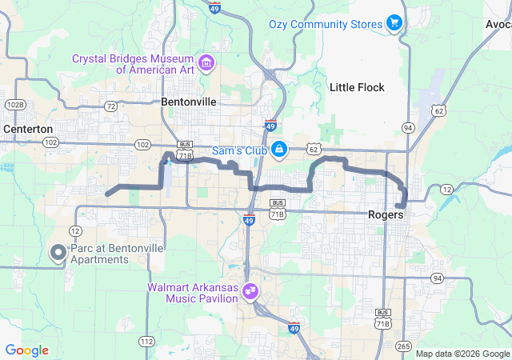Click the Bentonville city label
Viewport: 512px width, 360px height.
click(x=189, y=102)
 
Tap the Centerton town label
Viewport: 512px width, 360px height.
click(x=28, y=128)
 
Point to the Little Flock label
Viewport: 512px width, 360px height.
click(x=357, y=87)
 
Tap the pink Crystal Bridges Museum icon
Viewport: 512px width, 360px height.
click(x=206, y=63)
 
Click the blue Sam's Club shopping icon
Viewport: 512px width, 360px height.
click(x=279, y=149)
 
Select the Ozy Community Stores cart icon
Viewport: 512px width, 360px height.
click(x=394, y=24)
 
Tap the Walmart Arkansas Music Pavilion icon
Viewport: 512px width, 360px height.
click(x=250, y=291)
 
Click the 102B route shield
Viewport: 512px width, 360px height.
click(x=14, y=105)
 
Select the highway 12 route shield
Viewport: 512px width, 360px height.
click(x=446, y=188)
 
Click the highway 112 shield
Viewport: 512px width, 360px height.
click(x=146, y=342)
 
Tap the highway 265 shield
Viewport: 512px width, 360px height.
click(x=403, y=346)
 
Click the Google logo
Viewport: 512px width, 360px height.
click(x=26, y=350)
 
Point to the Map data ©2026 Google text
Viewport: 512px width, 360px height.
click(x=462, y=354)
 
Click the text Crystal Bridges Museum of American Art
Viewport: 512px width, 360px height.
click(x=134, y=64)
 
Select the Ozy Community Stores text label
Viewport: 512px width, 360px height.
click(x=326, y=25)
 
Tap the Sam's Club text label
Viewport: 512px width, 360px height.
click(x=238, y=150)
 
